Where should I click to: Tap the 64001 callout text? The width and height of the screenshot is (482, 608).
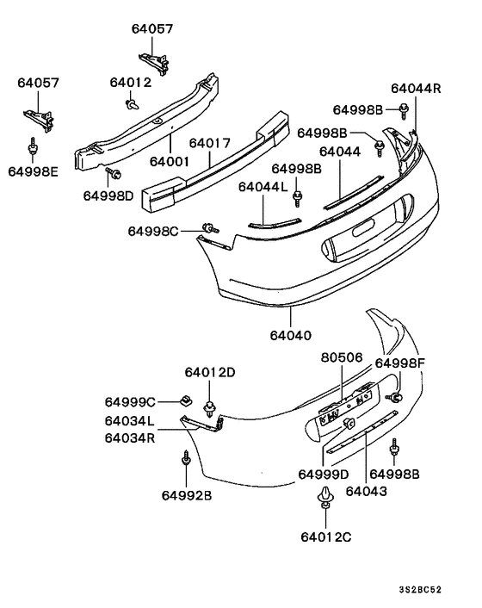170,161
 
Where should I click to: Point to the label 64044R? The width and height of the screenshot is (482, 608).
416,88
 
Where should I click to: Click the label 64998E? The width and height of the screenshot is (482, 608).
34,171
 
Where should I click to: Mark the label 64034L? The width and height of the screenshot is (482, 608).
130,421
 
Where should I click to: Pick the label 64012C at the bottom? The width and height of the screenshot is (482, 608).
328,537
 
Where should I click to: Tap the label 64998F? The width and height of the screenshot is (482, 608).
400,363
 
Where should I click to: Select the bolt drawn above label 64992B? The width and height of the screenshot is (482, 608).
187,459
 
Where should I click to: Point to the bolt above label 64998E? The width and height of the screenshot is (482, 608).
33,147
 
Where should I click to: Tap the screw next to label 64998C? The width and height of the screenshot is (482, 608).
209,227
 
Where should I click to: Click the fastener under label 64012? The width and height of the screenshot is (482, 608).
131,104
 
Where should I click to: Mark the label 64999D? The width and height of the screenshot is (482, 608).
324,475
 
